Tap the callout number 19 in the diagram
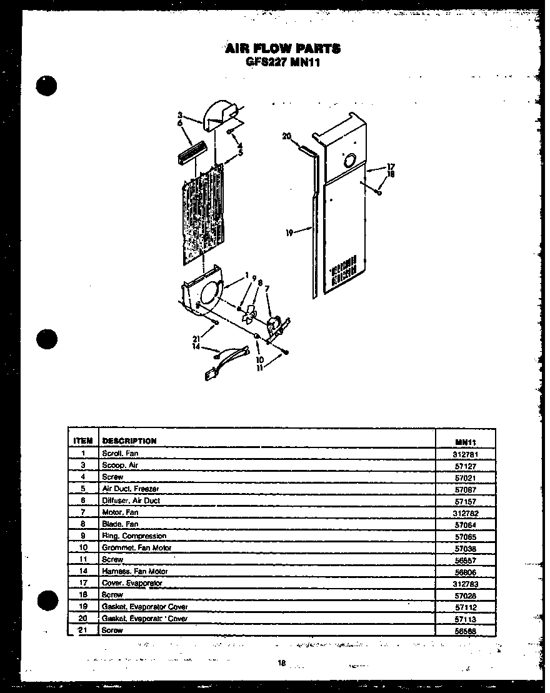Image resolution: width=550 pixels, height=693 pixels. coord(289,232)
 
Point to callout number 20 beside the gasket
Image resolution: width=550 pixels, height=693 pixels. coord(287,136)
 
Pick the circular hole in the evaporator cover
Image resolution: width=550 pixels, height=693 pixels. coord(349,160)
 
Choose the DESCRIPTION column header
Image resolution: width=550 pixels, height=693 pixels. coord(129,441)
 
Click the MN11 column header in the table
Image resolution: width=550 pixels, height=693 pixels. coord(466,441)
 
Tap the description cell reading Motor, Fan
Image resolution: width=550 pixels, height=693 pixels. coord(120,512)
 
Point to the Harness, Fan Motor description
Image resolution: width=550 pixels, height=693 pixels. coord(134,571)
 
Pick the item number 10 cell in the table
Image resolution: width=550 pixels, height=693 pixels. coord(83,548)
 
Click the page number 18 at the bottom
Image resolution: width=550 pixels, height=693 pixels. coord(282,664)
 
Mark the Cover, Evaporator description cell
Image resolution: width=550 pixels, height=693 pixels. coord(132,583)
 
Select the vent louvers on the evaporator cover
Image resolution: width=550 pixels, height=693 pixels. coord(343,271)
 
